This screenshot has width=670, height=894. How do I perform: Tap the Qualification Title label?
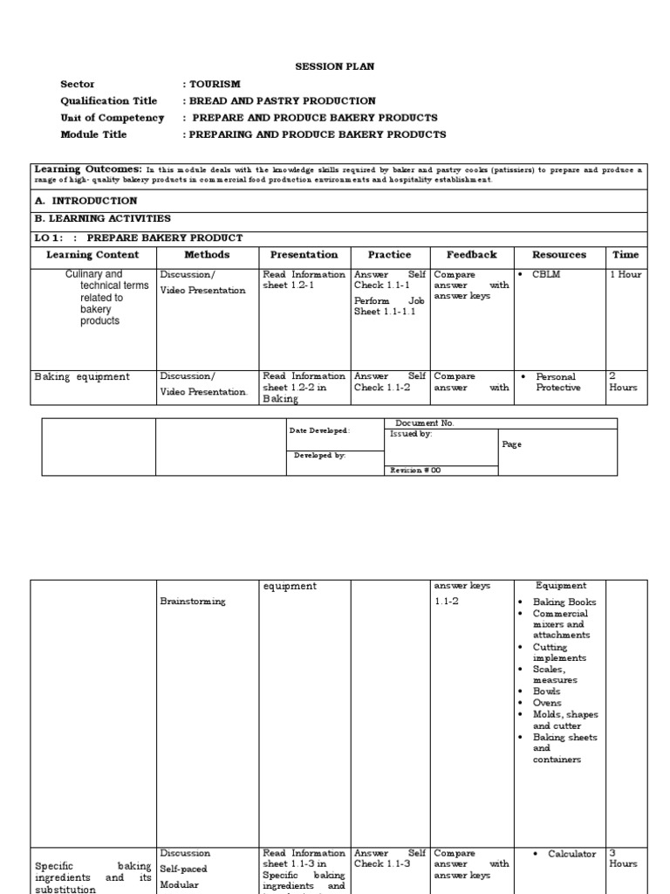pyautogui.click(x=108, y=101)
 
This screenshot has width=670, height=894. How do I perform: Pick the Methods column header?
pyautogui.click(x=207, y=255)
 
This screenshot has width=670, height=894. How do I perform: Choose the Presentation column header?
pyautogui.click(x=304, y=255)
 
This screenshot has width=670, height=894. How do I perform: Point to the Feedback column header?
pyautogui.click(x=471, y=255)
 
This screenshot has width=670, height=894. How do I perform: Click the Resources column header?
pyautogui.click(x=559, y=255)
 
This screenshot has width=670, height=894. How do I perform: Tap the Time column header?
pyautogui.click(x=625, y=255)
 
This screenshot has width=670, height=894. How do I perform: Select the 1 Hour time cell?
pyautogui.click(x=625, y=274)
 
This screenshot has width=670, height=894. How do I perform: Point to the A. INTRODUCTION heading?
pyautogui.click(x=85, y=201)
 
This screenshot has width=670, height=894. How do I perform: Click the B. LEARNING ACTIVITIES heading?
pyautogui.click(x=102, y=219)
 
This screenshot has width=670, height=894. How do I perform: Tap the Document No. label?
pyautogui.click(x=425, y=423)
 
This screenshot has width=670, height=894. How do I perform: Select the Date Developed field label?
pyautogui.click(x=320, y=430)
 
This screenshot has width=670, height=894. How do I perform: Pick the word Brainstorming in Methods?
pyautogui.click(x=193, y=602)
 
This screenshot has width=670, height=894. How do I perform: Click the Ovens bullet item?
pyautogui.click(x=547, y=703)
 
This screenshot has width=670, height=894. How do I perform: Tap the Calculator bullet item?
pyautogui.click(x=571, y=854)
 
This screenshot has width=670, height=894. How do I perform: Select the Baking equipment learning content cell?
pyautogui.click(x=82, y=377)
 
